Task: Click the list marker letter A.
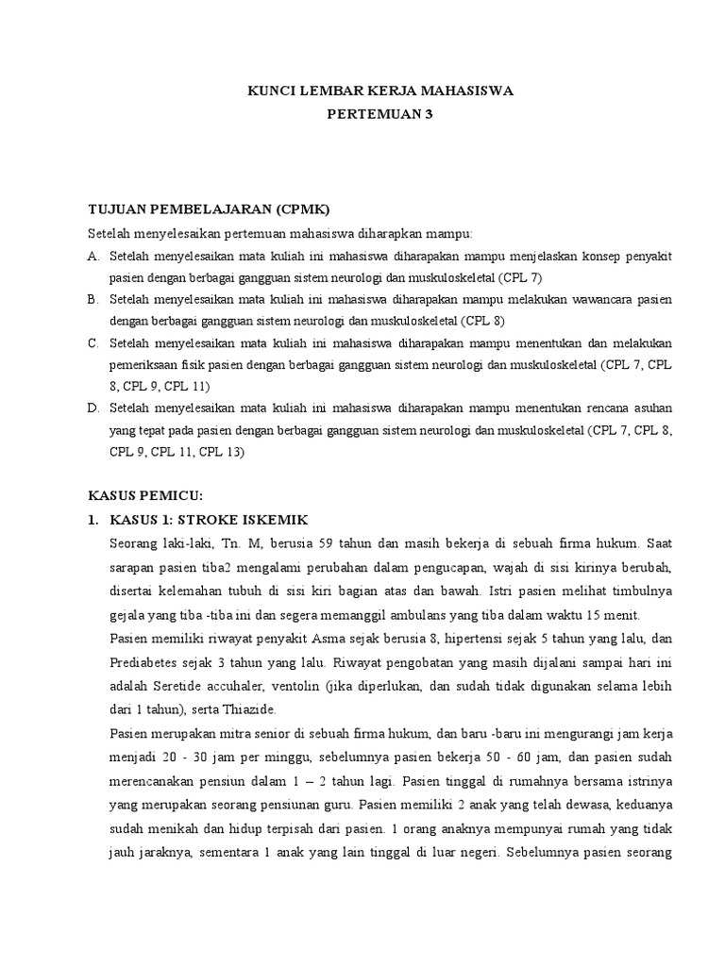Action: pyautogui.click(x=93, y=257)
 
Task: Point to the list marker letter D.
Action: pyautogui.click(x=93, y=408)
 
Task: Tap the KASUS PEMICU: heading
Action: pyautogui.click(x=145, y=495)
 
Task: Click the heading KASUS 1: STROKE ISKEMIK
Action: pyautogui.click(x=209, y=520)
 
